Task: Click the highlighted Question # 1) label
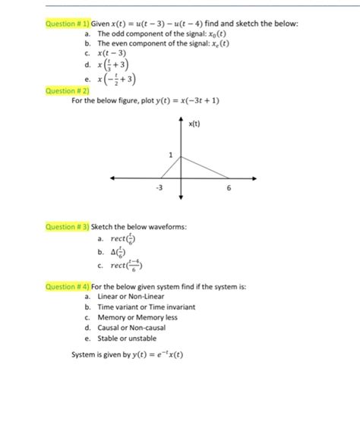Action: [x=67, y=24]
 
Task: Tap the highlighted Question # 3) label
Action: [x=67, y=226]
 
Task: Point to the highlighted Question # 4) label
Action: [x=67, y=287]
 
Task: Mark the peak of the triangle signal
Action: [x=181, y=158]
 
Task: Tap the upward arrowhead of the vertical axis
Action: [x=181, y=119]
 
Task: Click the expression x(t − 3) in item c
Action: [x=112, y=54]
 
